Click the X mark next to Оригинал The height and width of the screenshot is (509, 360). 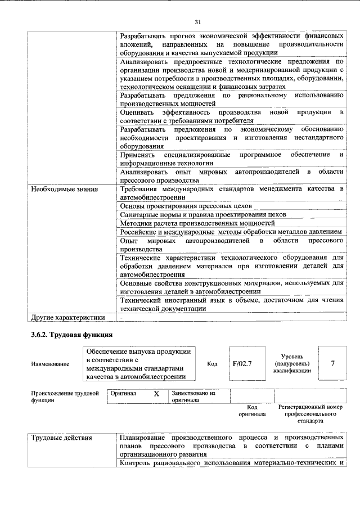tap(156, 394)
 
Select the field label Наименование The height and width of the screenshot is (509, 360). tap(51, 364)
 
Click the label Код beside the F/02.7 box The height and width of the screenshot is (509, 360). tap(212, 363)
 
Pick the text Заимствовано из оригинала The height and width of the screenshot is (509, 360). tap(193, 397)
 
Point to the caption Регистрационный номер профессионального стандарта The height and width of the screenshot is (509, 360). tap(310, 413)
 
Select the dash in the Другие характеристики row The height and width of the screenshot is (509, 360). tap(122, 317)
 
